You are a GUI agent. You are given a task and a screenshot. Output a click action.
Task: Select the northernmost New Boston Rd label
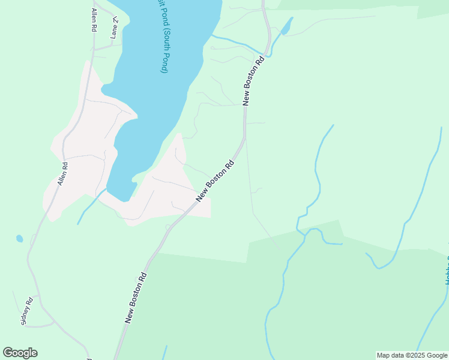click(253, 81)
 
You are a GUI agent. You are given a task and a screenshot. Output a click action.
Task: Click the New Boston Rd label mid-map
click(214, 180)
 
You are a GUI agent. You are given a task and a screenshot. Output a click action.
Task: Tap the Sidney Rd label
click(27, 311)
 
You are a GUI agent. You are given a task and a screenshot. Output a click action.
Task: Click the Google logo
click(20, 353)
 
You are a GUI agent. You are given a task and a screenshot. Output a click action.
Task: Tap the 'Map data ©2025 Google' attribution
click(412, 355)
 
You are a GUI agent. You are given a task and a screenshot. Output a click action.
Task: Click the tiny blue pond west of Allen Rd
click(19, 238)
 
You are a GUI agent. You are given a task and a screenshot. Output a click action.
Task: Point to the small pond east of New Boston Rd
click(287, 26)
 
